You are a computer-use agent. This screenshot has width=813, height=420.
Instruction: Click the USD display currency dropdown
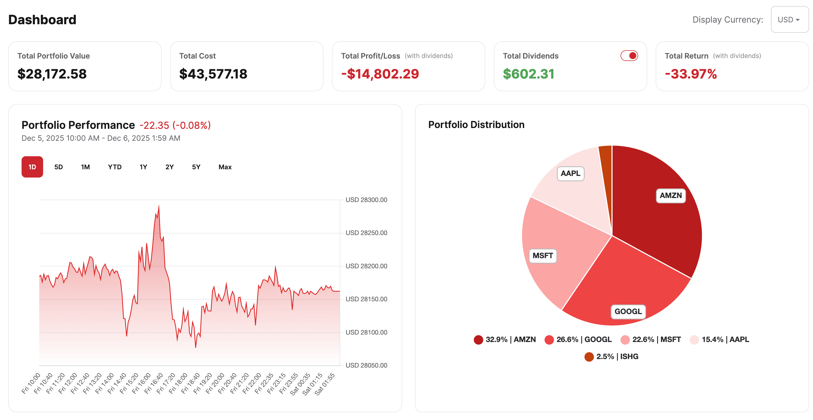tap(789, 20)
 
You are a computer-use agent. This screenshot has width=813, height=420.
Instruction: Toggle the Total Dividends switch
tap(629, 56)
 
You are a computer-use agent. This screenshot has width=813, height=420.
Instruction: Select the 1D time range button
tap(32, 167)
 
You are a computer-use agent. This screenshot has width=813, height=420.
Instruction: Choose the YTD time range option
tap(114, 167)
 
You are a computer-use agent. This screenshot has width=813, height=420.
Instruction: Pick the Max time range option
tap(225, 167)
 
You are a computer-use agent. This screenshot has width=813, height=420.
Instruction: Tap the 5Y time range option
tap(196, 167)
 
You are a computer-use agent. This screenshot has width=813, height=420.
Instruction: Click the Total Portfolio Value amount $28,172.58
tap(52, 74)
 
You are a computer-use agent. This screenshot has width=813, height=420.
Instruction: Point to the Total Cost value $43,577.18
tap(213, 74)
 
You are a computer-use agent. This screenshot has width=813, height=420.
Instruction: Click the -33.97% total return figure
tap(691, 74)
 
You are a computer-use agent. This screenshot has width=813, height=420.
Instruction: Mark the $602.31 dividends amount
tap(528, 74)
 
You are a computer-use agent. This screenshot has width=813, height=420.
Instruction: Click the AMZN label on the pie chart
tap(670, 196)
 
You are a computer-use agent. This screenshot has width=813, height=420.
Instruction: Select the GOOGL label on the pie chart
tap(628, 311)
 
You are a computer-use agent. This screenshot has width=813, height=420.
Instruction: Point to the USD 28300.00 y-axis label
tap(366, 200)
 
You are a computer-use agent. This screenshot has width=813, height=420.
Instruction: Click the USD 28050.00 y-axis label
tap(366, 365)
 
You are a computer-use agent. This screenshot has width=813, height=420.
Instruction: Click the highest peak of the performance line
tap(159, 206)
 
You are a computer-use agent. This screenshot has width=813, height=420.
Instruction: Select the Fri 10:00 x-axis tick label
tap(31, 383)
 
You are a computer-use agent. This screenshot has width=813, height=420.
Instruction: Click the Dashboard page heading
tap(42, 20)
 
